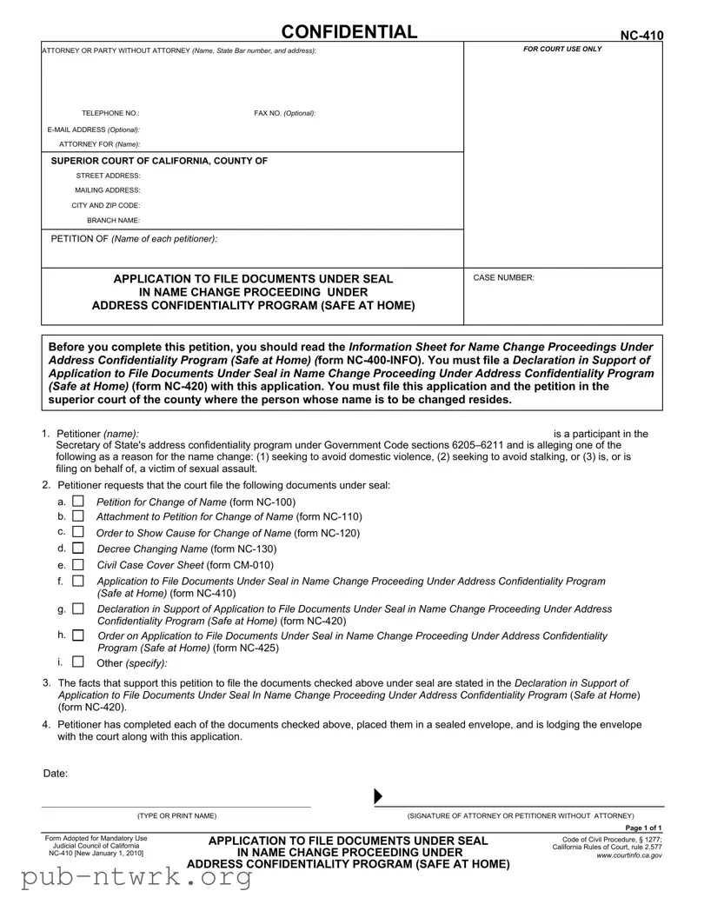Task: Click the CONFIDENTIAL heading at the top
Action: pos(349,32)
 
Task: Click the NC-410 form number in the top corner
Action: pos(641,35)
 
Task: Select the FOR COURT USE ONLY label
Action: pos(562,50)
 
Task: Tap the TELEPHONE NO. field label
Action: pos(110,114)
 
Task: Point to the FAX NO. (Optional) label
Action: pos(284,114)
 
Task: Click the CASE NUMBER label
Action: pos(503,278)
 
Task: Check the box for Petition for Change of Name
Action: pos(79,502)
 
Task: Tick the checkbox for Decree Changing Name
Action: pos(79,549)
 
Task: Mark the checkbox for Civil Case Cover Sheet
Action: pos(79,564)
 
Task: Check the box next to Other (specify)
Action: pos(79,662)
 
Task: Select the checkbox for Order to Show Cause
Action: pos(79,532)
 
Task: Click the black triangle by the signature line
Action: pos(378,797)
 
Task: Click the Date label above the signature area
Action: pos(56,774)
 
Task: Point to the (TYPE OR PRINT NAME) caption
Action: pos(177,815)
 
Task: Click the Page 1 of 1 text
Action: pos(643,828)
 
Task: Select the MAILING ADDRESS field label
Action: pos(108,190)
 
